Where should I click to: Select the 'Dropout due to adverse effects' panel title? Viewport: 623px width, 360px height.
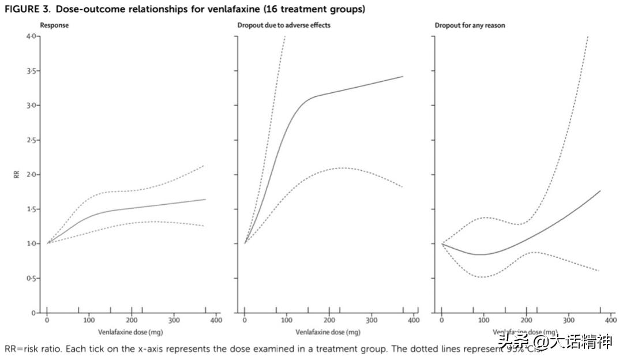pos(284,25)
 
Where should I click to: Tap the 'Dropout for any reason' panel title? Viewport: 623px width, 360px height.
pos(471,25)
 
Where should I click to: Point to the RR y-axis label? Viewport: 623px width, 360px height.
pos(17,174)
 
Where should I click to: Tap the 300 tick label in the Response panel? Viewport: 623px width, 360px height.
pos(174,321)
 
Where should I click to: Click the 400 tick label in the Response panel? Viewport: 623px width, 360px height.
pos(216,321)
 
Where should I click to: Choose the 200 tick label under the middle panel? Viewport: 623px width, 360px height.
pos(329,321)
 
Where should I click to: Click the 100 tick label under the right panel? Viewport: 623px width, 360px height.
pos(483,321)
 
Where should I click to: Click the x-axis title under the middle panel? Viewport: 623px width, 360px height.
pos(328,332)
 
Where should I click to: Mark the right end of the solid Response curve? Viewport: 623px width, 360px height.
pos(205,200)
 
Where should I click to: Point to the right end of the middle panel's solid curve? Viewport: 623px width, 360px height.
pos(403,76)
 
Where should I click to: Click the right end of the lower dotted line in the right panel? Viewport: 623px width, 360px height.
pos(600,271)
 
